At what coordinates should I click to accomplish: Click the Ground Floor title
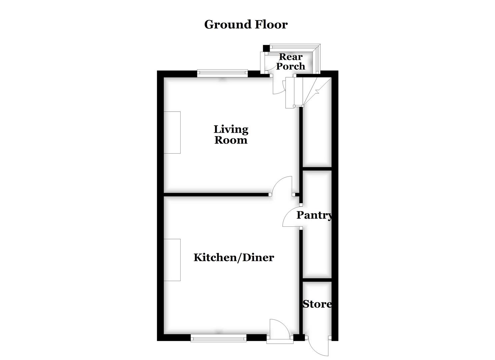tap(246, 24)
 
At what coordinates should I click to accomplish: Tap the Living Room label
tap(231, 134)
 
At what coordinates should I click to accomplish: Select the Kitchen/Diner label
tap(234, 257)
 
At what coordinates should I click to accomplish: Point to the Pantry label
tap(314, 215)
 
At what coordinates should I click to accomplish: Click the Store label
tap(317, 304)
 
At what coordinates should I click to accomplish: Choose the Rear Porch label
tap(291, 62)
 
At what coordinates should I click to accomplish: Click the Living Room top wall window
tap(222, 73)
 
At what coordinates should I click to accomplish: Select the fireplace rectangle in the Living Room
tap(172, 132)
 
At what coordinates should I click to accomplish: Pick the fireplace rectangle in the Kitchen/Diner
tap(172, 260)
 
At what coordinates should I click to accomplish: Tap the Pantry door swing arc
tap(291, 217)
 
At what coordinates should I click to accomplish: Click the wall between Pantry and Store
tap(317, 280)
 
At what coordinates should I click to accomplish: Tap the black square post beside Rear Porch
tap(266, 48)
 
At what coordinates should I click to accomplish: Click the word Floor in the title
tap(271, 24)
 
